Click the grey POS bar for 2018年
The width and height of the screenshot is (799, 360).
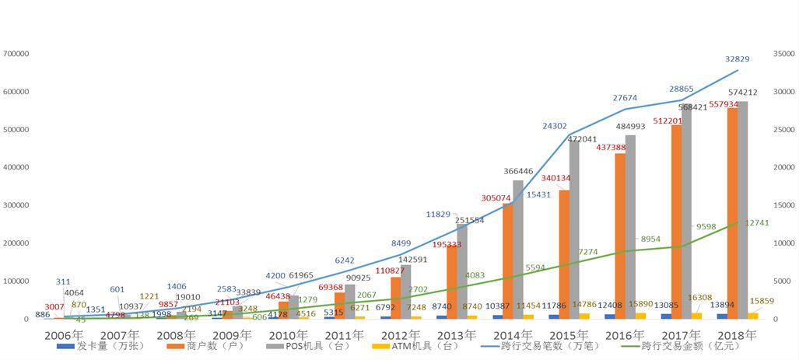[x=743, y=210]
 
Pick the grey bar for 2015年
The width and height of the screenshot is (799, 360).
[x=575, y=233]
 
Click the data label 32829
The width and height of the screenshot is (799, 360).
[x=738, y=60]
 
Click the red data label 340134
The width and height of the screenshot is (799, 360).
[x=554, y=178]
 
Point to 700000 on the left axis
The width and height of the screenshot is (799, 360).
[x=16, y=54]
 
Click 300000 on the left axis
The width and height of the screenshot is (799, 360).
[x=16, y=205]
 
